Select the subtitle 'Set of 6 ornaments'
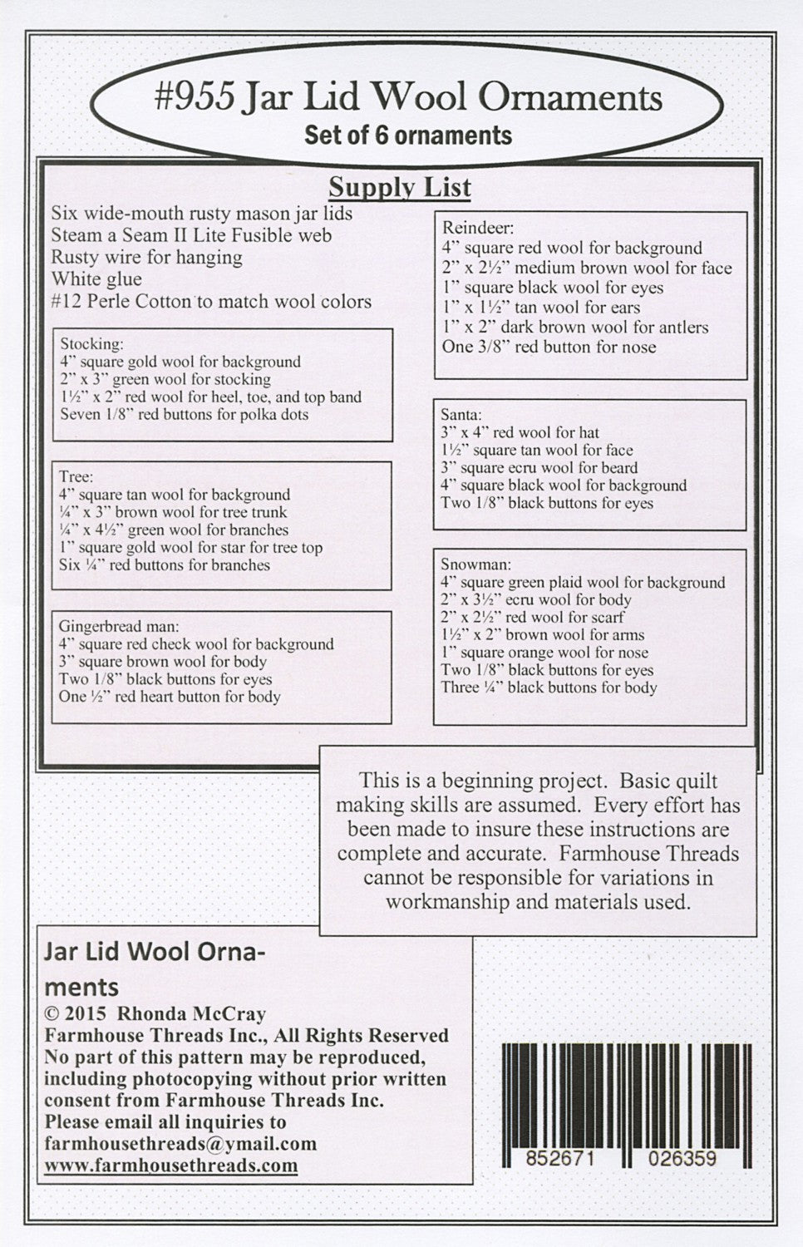click(x=407, y=135)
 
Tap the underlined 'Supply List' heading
click(x=400, y=187)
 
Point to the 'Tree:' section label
click(x=76, y=476)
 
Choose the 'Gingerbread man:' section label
click(x=120, y=625)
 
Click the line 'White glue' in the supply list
click(x=96, y=279)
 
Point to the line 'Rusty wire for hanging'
click(x=146, y=258)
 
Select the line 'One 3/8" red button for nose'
click(x=549, y=347)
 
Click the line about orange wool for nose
click(x=544, y=653)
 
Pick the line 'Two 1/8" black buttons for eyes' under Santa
click(x=547, y=503)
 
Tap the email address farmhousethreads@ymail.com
click(x=180, y=1144)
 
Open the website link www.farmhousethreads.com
click(x=171, y=1165)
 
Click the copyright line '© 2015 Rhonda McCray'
click(x=155, y=1013)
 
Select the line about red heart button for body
click(x=170, y=697)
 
